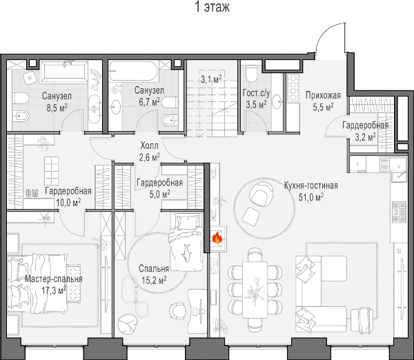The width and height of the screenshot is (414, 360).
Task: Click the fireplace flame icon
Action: pos(217,237)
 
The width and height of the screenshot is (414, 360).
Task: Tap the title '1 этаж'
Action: pos(212,7)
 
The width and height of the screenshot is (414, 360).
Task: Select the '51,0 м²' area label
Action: pos(311,197)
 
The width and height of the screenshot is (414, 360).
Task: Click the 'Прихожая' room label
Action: pos(323,95)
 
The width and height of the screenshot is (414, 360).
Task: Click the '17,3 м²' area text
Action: pos(54,290)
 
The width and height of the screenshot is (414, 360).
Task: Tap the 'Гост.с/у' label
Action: pos(256,93)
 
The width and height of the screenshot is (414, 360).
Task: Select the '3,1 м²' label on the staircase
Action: pos(211,79)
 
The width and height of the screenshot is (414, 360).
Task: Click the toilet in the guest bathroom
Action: pos(251,73)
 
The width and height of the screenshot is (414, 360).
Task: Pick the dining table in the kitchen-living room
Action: pos(255,290)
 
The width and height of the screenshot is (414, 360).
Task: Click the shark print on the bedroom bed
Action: pos(186,253)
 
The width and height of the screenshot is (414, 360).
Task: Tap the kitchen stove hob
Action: pos(399,212)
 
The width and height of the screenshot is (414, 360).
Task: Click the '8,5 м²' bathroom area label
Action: pos(57,108)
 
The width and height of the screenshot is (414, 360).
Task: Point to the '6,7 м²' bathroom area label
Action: pos(150,101)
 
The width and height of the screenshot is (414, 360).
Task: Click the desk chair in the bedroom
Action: pos(177,311)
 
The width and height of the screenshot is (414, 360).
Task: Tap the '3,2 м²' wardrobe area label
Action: pos(366,137)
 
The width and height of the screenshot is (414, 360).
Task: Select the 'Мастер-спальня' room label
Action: pos(54,279)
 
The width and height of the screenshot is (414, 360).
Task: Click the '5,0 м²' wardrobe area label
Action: pos(159,194)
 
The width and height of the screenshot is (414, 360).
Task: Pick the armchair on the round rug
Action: pos(261,194)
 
